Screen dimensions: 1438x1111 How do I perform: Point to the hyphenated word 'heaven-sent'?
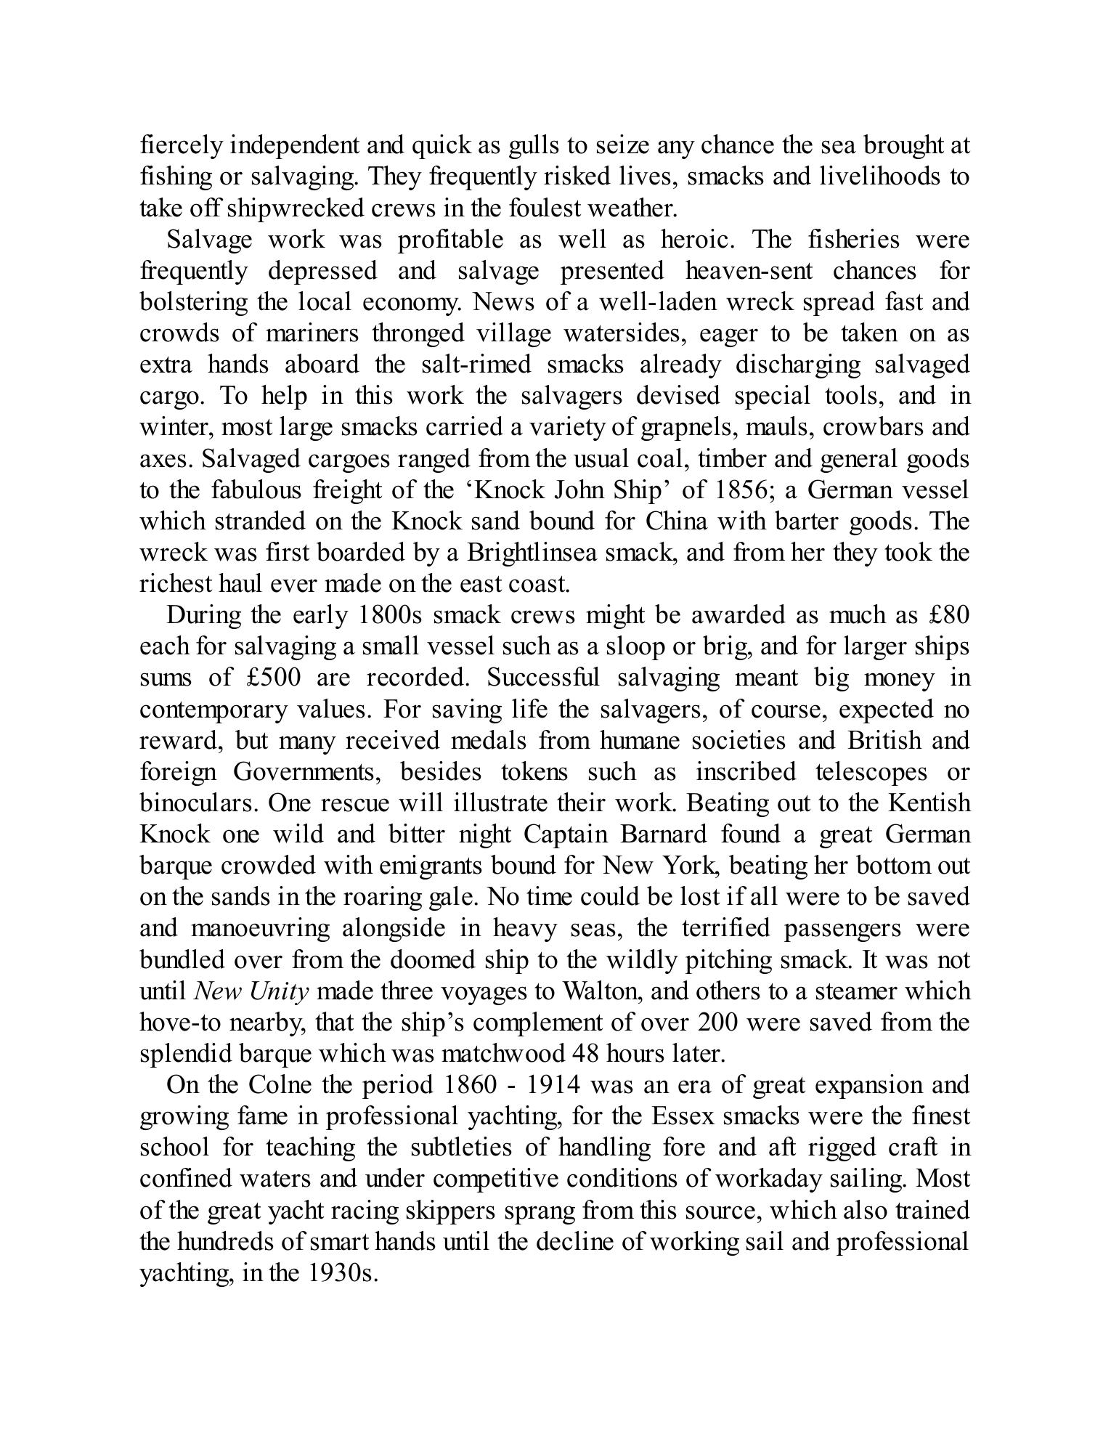tap(747, 271)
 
